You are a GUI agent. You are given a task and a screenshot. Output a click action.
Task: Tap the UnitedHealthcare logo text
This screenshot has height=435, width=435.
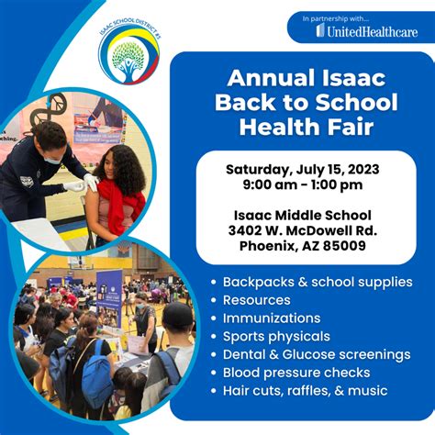[366, 31]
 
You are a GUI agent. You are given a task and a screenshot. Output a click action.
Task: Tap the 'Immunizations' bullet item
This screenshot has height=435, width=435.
[269, 318]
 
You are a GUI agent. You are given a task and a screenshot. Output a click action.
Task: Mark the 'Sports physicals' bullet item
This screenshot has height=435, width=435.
[275, 336]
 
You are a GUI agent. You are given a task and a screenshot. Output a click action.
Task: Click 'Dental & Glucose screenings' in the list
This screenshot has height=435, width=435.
[316, 354]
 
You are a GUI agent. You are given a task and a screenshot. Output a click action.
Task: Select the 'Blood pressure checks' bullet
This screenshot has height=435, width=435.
[296, 373]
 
